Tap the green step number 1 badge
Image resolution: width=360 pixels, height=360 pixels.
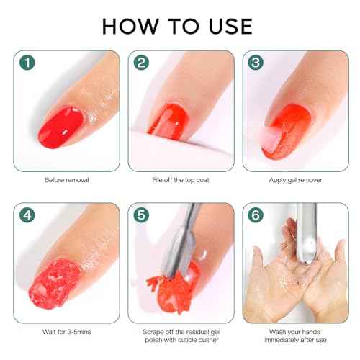26,63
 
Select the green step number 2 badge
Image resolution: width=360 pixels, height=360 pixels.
141,63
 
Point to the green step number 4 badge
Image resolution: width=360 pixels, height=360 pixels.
26,215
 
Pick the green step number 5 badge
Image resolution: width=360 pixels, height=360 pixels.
141,215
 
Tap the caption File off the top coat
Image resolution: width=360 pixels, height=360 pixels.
181,179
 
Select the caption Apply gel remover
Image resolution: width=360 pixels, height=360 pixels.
297,179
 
